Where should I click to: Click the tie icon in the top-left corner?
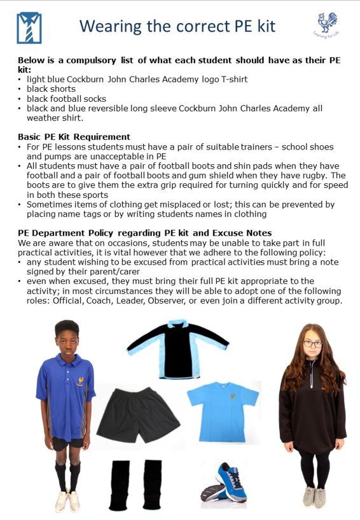29,28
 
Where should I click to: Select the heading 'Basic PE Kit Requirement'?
74,137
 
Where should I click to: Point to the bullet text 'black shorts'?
51,89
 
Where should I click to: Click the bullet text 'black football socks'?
66,99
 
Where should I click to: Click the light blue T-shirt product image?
223,411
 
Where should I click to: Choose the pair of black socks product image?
135,483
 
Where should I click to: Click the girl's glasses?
312,344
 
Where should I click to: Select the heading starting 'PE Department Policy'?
145,233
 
